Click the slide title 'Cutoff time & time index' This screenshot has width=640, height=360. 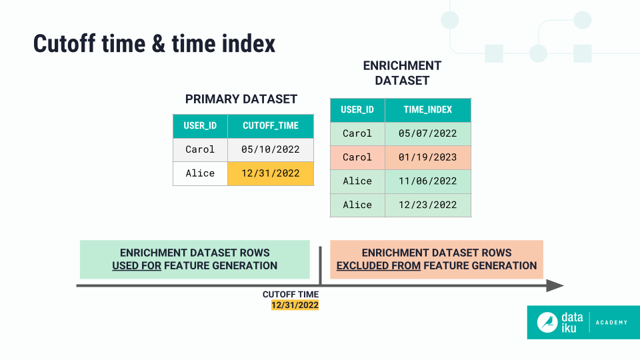(x=154, y=44)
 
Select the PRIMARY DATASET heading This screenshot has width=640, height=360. (x=241, y=99)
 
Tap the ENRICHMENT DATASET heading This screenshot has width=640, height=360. (x=401, y=73)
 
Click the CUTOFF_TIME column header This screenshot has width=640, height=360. (x=270, y=126)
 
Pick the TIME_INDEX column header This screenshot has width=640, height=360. (x=427, y=110)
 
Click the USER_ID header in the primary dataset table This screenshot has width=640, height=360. (x=200, y=126)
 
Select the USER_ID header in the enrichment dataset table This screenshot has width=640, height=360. (x=357, y=110)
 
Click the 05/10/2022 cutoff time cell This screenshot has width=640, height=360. (x=270, y=149)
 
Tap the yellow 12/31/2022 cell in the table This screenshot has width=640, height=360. (x=270, y=173)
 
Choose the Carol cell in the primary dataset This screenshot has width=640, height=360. (x=200, y=149)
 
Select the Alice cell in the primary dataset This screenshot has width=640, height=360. (x=200, y=173)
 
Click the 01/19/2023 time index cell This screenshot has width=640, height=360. (x=427, y=157)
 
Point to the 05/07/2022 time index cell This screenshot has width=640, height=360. (x=427, y=133)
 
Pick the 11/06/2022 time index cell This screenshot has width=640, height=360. (x=427, y=181)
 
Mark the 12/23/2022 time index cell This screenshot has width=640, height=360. (x=427, y=205)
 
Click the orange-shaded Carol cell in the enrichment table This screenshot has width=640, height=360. (x=357, y=157)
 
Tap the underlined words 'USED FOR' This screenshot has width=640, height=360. (x=137, y=265)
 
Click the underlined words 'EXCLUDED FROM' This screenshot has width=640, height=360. (x=378, y=265)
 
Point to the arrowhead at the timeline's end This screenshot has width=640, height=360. (x=555, y=285)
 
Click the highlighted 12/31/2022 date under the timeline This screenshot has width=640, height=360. (x=295, y=305)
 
